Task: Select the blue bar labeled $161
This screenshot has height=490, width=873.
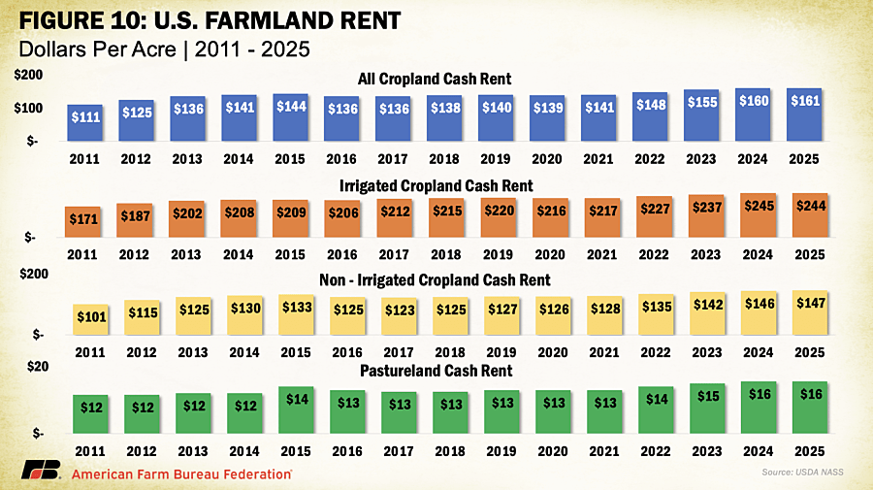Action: (x=804, y=114)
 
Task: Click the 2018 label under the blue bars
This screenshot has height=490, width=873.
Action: (x=444, y=160)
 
